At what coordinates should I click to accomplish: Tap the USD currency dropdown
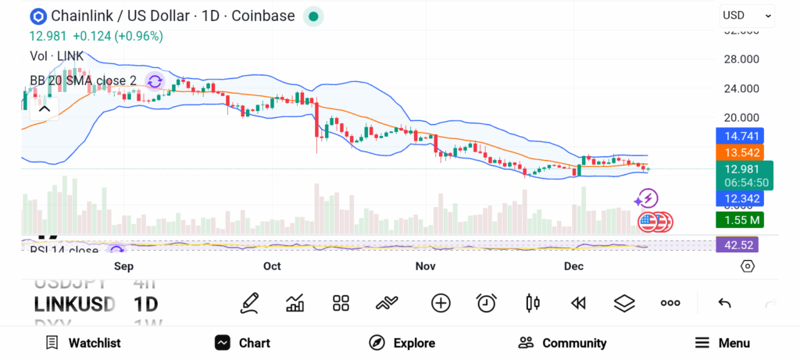point(746,15)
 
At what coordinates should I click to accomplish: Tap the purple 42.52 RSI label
point(737,244)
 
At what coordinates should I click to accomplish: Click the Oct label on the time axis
point(272,266)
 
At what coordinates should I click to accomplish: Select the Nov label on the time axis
point(425,266)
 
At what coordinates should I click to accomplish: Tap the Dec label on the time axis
point(573,266)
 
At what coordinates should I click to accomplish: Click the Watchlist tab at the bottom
point(83,343)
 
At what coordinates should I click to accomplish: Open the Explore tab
point(402,343)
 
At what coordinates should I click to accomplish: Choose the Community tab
point(562,343)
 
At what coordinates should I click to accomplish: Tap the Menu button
point(723,343)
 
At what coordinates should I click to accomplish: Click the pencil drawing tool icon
point(249,303)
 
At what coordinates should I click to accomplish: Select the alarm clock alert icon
point(487,303)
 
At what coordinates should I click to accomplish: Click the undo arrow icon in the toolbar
point(724,303)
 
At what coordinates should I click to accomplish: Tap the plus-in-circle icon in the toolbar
point(441,303)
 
